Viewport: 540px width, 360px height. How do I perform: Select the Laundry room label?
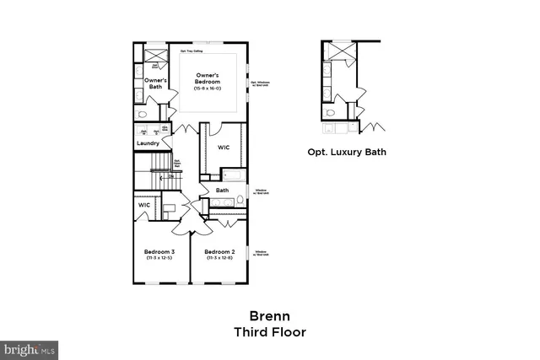point(148,143)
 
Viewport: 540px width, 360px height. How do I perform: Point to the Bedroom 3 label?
point(159,252)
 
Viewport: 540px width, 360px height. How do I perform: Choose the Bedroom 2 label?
point(219,252)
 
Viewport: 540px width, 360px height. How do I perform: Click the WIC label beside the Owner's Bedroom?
point(224,148)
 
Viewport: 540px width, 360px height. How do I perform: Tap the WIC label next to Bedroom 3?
point(144,205)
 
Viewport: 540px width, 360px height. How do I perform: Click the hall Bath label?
point(222,191)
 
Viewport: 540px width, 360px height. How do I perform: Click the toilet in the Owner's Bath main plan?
point(143,114)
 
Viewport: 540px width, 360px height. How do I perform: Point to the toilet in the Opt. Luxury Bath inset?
point(331,112)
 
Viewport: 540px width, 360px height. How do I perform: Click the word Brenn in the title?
point(269,318)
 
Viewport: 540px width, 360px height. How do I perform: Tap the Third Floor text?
point(269,332)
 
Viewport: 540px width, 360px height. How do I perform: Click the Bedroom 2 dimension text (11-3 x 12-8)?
point(219,258)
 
